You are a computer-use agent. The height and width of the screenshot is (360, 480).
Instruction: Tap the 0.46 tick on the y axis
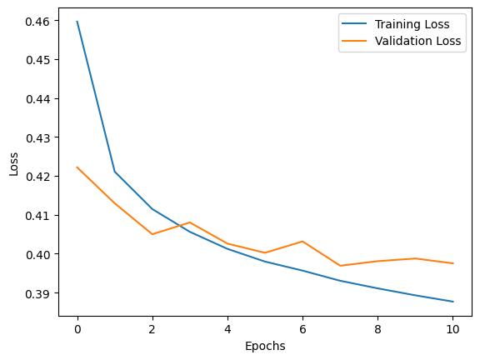pyautogui.click(x=39, y=21)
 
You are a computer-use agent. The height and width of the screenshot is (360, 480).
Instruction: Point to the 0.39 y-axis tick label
pyautogui.click(x=39, y=293)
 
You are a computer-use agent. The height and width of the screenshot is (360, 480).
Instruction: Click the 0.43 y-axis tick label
pyautogui.click(x=39, y=137)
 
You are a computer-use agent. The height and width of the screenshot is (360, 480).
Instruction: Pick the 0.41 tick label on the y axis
pyautogui.click(x=39, y=216)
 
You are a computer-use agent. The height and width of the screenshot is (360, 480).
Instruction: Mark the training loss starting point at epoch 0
pyautogui.click(x=77, y=22)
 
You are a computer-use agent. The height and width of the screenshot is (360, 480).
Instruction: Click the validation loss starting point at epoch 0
pyautogui.click(x=77, y=167)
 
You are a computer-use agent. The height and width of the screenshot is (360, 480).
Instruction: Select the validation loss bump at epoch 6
pyautogui.click(x=302, y=242)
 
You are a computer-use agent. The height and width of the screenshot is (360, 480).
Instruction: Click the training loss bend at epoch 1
pyautogui.click(x=115, y=172)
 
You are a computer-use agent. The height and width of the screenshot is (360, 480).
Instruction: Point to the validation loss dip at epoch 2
pyautogui.click(x=152, y=234)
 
